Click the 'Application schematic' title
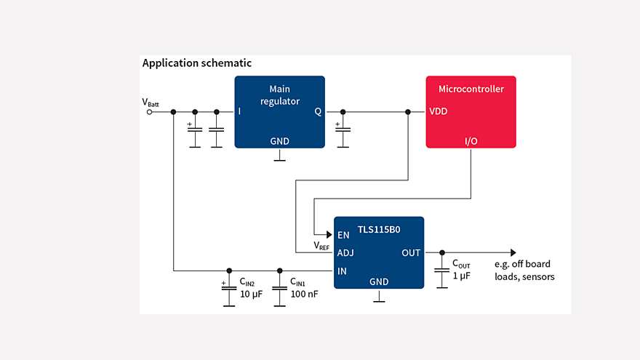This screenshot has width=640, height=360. tap(196, 63)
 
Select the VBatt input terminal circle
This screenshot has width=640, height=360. tap(150, 112)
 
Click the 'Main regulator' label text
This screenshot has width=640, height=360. tap(279, 95)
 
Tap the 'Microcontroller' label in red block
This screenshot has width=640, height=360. tap(471, 89)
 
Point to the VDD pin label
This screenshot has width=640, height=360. tap(439, 112)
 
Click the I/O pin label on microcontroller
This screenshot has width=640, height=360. tap(471, 139)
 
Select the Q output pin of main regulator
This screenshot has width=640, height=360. tap(317, 112)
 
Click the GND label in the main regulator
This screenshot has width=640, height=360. tap(279, 140)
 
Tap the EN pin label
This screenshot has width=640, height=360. tap(343, 235)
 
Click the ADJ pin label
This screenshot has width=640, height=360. tap(345, 253)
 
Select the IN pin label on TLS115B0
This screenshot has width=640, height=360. tap(342, 271)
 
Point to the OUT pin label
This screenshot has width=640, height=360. tap(411, 253)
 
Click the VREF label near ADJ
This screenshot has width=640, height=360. tap(321, 247)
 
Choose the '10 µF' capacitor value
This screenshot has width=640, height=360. tap(251, 294)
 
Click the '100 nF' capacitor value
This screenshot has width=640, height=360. tap(304, 294)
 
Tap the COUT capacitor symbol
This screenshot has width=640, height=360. tap(441, 271)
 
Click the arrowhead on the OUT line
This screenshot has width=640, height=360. tap(513, 252)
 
